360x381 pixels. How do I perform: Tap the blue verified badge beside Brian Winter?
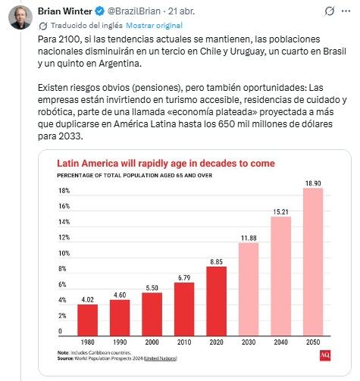pos(103,10)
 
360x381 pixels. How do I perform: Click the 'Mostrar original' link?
pos(132,24)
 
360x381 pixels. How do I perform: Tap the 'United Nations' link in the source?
pos(167,358)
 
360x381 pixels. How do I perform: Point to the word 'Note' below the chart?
pos(64,353)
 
